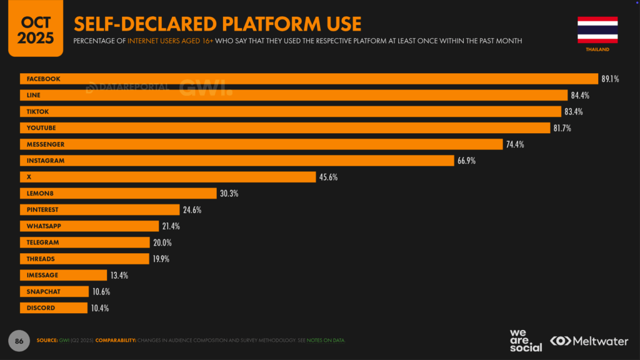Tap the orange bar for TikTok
(x=291, y=111)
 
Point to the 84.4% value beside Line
(x=579, y=96)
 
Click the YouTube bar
(x=285, y=128)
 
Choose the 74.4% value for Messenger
(x=515, y=144)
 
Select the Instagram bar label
(x=46, y=161)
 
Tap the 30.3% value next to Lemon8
(x=228, y=194)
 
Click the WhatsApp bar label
(x=43, y=226)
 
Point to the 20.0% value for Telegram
(x=162, y=242)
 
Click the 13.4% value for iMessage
(x=119, y=276)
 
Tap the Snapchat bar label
(x=42, y=292)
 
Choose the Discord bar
(x=54, y=308)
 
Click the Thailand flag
(x=597, y=29)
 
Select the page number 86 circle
(x=18, y=340)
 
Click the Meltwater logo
(x=590, y=341)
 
